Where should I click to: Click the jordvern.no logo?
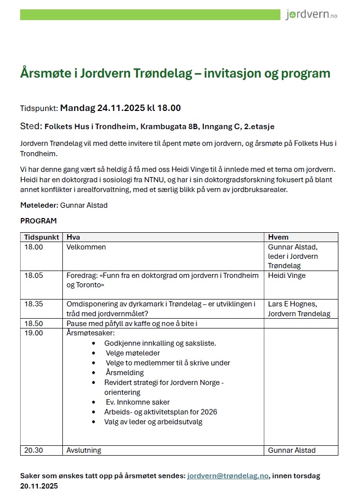click(x=311, y=15)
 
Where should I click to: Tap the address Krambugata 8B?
click(x=170, y=127)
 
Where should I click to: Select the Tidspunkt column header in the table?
click(x=42, y=237)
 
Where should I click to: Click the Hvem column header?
click(x=278, y=237)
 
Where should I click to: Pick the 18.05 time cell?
click(x=34, y=275)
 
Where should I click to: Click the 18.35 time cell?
click(x=34, y=304)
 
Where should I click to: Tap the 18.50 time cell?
click(x=34, y=324)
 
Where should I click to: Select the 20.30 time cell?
click(x=34, y=450)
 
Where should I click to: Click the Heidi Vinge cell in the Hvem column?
click(x=287, y=275)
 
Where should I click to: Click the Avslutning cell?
click(x=83, y=450)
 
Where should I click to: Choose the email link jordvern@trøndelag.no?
click(x=228, y=476)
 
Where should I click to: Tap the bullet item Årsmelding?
click(x=125, y=373)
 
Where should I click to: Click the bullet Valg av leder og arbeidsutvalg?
click(x=153, y=422)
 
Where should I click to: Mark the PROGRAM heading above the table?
click(x=38, y=221)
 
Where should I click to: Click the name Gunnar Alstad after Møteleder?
click(x=83, y=205)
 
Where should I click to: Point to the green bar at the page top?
click(x=150, y=15)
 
